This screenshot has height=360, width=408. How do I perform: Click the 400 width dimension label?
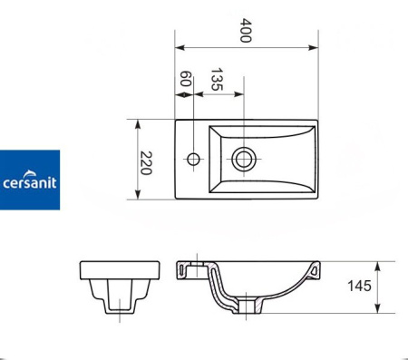[246, 31]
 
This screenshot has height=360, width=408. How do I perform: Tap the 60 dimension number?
[185, 79]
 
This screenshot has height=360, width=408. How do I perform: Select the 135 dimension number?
[217, 79]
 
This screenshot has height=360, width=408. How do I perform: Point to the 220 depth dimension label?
[146, 163]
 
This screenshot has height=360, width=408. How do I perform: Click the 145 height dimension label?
[359, 286]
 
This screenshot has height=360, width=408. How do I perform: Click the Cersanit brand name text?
[30, 183]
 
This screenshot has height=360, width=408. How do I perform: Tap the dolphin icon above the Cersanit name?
[29, 173]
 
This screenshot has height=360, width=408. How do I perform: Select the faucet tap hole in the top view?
[193, 159]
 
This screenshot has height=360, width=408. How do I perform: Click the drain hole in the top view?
[244, 159]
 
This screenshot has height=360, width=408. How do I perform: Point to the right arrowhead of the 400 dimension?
[313, 47]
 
